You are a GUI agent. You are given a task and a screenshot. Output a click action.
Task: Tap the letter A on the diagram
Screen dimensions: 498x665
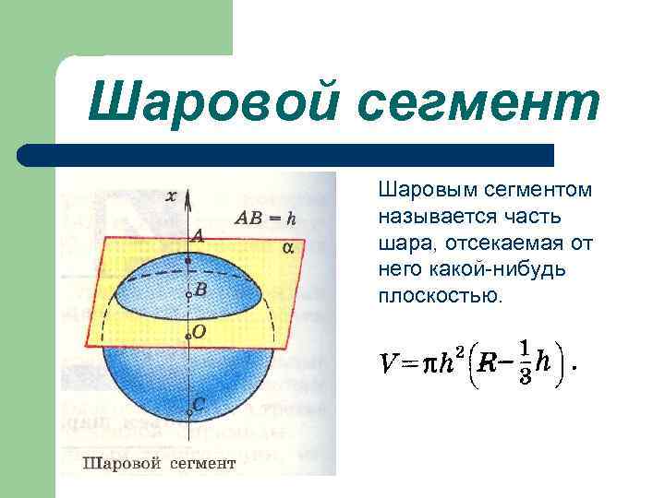click(x=197, y=237)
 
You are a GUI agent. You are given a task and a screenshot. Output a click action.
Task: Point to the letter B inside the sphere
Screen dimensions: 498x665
click(x=199, y=290)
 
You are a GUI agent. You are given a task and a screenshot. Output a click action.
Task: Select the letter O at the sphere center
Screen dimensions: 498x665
click(x=199, y=330)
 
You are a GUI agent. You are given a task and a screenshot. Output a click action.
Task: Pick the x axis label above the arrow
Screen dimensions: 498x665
click(x=171, y=196)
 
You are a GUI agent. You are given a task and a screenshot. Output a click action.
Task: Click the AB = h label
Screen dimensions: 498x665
click(x=266, y=219)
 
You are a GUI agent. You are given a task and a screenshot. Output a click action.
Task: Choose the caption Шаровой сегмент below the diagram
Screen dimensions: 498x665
click(x=160, y=462)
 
